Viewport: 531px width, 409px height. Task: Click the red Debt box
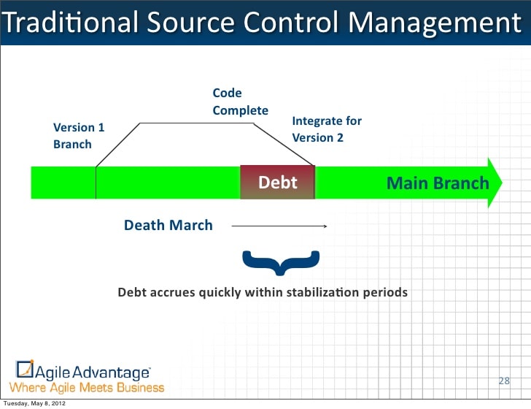277,182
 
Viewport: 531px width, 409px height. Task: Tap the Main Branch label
437,183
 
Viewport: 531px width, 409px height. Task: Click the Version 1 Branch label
78,136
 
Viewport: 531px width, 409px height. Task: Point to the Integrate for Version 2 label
326,129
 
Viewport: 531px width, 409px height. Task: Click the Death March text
168,225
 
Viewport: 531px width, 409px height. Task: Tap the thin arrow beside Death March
279,226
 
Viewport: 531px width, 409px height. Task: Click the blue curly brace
281,263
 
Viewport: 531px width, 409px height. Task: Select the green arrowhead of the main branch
496,182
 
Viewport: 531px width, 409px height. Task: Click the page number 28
503,381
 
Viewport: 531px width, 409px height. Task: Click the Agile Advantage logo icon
25,370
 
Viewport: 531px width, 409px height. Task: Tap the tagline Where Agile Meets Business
87,387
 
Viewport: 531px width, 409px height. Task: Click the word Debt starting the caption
132,292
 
